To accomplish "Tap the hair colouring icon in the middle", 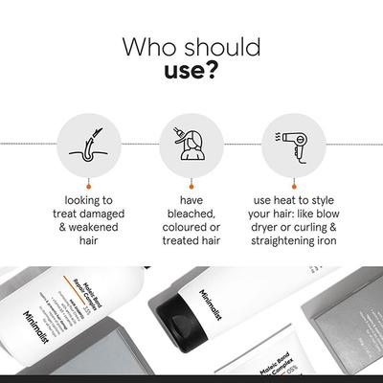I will tap(191, 143).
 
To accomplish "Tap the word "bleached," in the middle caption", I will tap(191, 217).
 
